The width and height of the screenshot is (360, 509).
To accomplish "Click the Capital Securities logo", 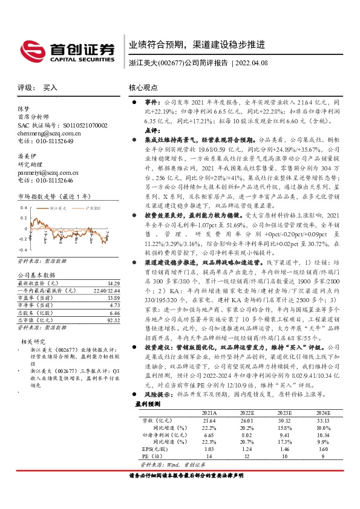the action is pos(67,51).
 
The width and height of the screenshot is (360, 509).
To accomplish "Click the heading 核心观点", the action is pos(143,88).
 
